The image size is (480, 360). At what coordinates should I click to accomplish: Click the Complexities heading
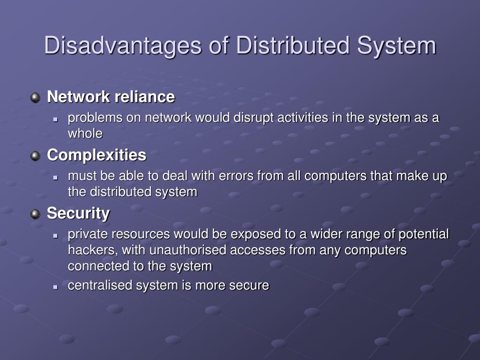click(x=97, y=155)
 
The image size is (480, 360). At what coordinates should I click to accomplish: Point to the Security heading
click(x=78, y=213)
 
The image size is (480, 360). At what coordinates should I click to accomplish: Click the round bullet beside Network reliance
click(x=36, y=97)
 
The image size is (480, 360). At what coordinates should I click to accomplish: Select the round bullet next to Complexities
click(x=36, y=156)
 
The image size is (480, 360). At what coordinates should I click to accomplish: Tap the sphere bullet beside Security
click(x=36, y=214)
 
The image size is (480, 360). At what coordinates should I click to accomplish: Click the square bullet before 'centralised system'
click(x=55, y=286)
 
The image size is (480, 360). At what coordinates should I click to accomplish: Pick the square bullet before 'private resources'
click(x=55, y=234)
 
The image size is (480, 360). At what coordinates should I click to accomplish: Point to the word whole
click(x=85, y=134)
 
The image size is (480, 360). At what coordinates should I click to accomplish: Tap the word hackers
click(x=92, y=250)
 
